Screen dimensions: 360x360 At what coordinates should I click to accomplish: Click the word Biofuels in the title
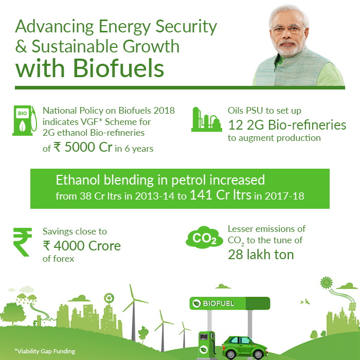pos(118,68)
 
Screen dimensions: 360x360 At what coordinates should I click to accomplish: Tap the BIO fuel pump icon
pos(25,120)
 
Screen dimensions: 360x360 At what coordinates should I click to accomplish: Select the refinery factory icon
pos(206,119)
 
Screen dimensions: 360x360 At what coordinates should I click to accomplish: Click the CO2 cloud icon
pos(204,238)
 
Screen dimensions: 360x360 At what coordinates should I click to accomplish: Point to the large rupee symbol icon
pos(22,242)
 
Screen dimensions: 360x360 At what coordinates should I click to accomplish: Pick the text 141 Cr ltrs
pos(221,195)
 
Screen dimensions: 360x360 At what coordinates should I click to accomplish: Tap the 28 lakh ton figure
pos(261,255)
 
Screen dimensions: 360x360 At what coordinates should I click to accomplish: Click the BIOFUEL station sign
pos(229,303)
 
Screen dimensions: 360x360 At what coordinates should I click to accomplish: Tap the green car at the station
pos(245,348)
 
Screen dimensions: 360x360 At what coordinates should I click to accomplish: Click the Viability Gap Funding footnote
pos(45,351)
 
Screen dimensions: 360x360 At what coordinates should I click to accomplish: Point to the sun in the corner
pos(326,283)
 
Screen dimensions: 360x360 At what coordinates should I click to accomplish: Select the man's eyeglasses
pos(289,29)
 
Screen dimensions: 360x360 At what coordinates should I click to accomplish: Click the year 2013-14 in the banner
pos(154,196)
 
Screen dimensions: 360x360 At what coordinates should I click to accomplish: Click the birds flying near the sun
pos(305,301)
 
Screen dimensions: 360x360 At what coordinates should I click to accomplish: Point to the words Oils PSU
pos(245,111)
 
